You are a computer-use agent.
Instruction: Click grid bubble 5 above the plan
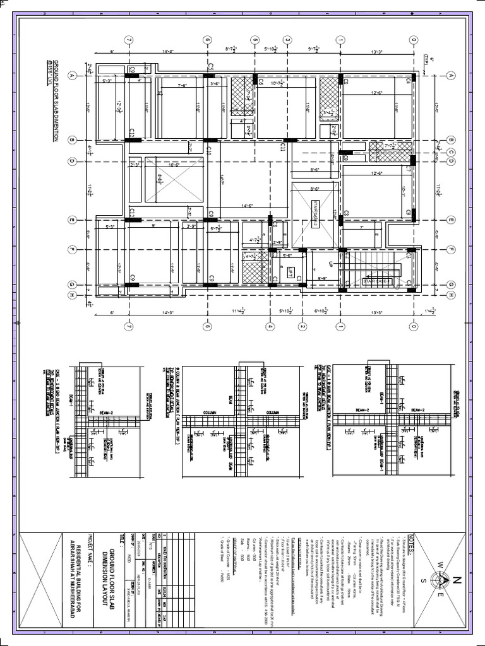[x=254, y=40]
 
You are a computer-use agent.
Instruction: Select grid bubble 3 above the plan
[x=287, y=40]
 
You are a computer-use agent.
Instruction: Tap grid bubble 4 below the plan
[x=270, y=326]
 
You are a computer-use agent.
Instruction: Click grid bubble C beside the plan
[x=450, y=151]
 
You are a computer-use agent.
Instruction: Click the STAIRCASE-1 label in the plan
[x=376, y=279]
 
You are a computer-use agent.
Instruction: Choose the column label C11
[x=284, y=148]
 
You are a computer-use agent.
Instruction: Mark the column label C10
[x=208, y=150]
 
